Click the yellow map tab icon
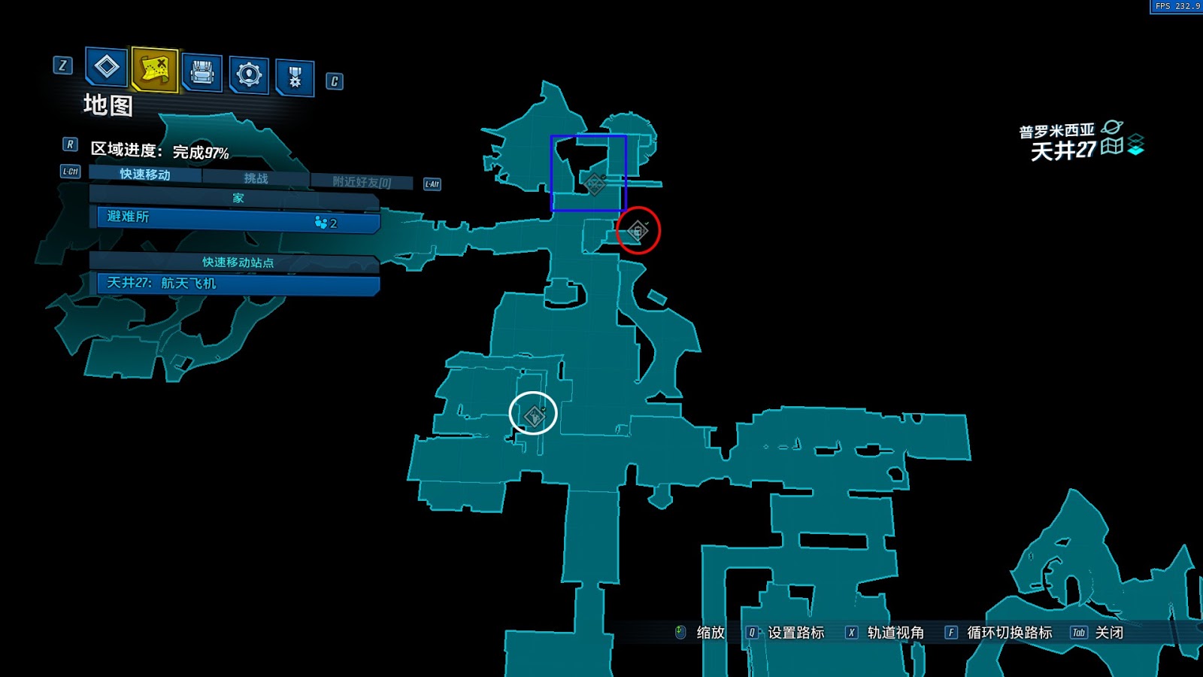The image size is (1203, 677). coord(155,70)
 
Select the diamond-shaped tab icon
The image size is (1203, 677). coord(106,67)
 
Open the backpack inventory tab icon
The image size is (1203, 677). coord(202,73)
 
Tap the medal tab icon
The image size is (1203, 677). coord(295,77)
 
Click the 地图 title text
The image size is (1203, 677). coord(108,105)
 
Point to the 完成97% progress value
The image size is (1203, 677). coord(201,153)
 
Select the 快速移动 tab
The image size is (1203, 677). coord(145,175)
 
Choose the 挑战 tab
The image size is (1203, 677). coord(256,178)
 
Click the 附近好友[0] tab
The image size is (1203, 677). coord(362,182)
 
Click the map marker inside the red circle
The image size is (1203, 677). coord(638,230)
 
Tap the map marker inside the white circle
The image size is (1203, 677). coord(534,414)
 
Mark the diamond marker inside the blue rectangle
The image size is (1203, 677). coord(594,183)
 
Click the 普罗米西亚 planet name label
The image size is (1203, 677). coord(1056,132)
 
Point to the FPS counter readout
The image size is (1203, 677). coord(1177,6)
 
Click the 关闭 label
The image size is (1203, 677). coord(1109,633)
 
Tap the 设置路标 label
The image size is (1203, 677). coord(795,633)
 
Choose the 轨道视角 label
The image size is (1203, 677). coord(895,633)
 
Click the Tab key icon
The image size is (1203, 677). coord(1078,633)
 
